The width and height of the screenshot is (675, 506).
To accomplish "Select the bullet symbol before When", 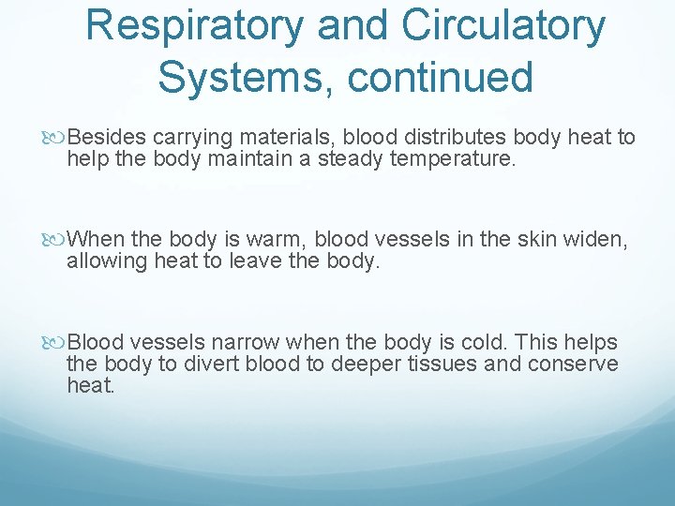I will pyautogui.click(x=59, y=240).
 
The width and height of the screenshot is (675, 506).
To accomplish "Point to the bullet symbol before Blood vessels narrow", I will pyautogui.click(x=59, y=341).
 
